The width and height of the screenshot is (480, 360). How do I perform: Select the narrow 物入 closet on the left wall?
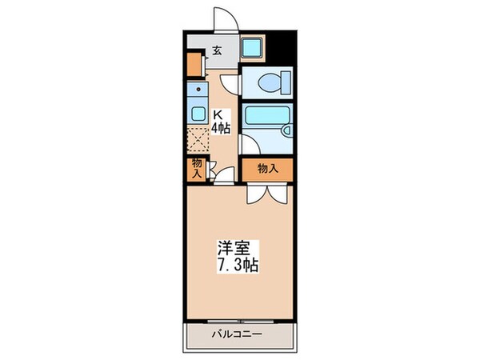tap(195, 169)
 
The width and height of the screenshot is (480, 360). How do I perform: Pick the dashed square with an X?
tap(197, 141)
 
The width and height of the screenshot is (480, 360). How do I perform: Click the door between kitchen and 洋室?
tap(225, 172)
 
